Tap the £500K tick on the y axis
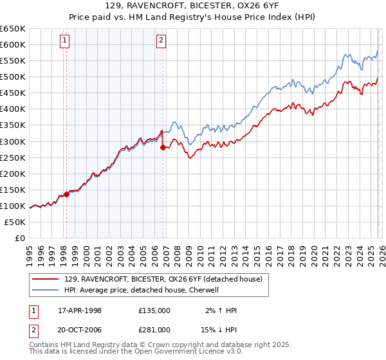pos(13,76)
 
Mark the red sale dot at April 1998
pos(66,194)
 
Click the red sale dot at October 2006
pos(163,147)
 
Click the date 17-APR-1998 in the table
pos(80,310)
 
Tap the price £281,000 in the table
pos(154,329)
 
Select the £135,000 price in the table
pos(154,310)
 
